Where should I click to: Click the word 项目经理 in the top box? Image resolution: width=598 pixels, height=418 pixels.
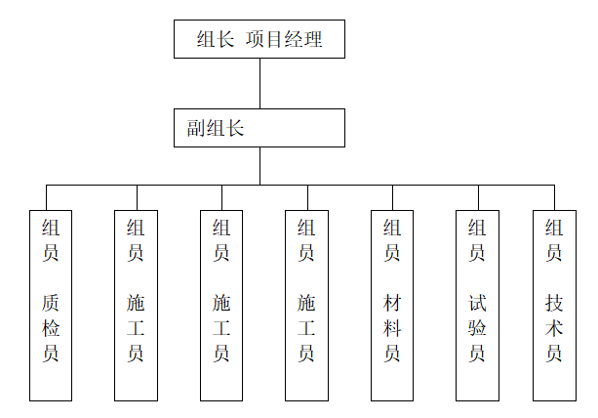(286, 40)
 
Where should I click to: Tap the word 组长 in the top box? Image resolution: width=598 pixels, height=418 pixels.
(215, 40)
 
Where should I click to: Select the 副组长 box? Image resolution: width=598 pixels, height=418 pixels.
(259, 128)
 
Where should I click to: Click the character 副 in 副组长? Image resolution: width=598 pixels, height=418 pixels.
(196, 128)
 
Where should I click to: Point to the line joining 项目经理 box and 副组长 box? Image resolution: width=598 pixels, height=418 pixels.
(259, 83)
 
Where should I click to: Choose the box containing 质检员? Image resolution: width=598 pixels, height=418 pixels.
(51, 305)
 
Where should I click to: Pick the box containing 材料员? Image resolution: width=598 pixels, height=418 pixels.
(392, 305)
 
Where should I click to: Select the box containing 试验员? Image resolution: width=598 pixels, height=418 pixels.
(477, 305)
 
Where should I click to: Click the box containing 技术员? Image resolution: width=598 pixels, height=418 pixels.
(554, 305)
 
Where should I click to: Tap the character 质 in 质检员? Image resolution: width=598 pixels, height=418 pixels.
(51, 304)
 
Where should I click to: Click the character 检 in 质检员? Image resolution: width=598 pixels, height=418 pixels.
(51, 328)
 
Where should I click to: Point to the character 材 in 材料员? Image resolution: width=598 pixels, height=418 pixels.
(392, 304)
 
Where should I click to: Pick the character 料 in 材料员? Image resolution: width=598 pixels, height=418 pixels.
(392, 328)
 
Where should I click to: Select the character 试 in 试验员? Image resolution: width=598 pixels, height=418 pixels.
(477, 304)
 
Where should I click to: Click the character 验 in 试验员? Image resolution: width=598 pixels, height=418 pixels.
(477, 328)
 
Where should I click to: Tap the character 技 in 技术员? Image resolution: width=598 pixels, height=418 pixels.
(554, 304)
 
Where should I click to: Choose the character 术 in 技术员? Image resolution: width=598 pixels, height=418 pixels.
(554, 328)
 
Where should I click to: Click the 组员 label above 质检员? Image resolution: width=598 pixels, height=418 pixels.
(51, 240)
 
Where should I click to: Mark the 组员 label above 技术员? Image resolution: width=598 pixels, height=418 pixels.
(554, 240)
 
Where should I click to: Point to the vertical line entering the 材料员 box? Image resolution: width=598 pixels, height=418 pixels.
(392, 197)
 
